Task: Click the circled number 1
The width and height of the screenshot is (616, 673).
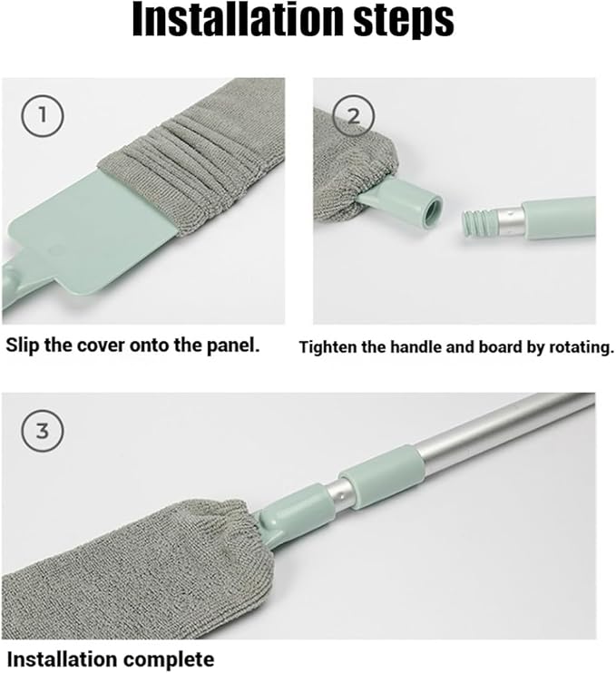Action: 43,116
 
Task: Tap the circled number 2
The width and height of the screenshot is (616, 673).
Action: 353,116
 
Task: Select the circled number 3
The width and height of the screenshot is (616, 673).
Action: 43,431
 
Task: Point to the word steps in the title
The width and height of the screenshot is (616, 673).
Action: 404,22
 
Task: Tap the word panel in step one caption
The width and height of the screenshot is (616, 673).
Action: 234,346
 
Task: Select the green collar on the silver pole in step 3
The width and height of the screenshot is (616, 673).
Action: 382,477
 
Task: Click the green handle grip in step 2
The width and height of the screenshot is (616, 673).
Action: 558,218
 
